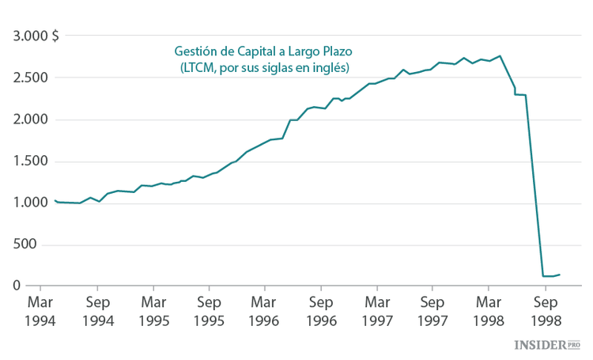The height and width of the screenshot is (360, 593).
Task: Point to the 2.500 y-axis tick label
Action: tap(31, 78)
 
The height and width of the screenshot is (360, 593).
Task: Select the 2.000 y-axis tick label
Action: tap(31, 119)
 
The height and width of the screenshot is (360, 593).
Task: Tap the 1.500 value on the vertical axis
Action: tap(31, 161)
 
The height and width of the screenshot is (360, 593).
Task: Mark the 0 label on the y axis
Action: tap(16, 286)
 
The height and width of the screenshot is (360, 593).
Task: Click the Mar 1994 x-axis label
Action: tap(42, 311)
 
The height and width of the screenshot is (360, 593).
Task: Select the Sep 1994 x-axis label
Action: tap(98, 311)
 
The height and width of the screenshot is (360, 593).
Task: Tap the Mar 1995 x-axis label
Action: tap(153, 311)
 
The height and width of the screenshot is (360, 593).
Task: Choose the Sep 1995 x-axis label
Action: tap(209, 311)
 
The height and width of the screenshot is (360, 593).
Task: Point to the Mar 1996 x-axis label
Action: tap(265, 311)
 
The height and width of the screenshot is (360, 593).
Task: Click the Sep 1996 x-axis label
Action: tap(321, 311)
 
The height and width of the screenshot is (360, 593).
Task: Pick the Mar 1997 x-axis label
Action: tap(377, 311)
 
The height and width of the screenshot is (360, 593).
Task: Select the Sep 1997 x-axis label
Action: tap(432, 311)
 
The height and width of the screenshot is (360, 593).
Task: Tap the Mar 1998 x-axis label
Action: tap(489, 311)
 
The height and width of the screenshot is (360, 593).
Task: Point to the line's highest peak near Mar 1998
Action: tap(500, 56)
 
